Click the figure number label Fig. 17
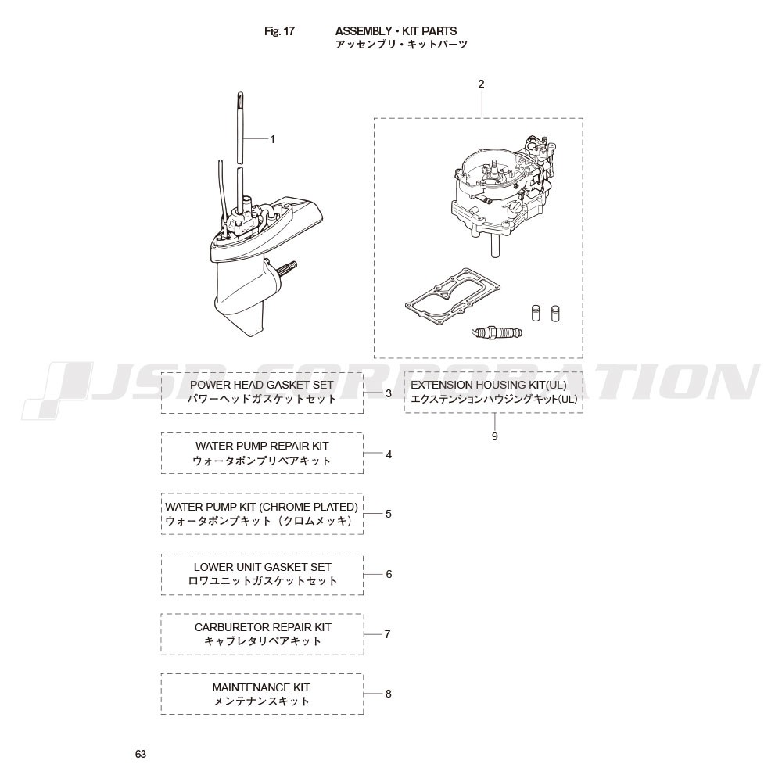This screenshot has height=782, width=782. click(x=279, y=31)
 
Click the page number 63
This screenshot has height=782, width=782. click(x=141, y=754)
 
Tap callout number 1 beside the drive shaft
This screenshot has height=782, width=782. click(x=272, y=140)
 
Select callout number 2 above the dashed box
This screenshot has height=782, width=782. click(x=481, y=84)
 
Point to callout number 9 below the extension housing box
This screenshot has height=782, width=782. click(x=495, y=436)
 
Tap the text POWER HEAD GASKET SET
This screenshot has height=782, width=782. click(x=262, y=385)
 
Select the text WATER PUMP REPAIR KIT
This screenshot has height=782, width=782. click(x=262, y=446)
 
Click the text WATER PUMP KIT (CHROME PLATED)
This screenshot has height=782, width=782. click(x=262, y=507)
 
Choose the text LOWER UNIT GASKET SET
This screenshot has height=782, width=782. click(x=262, y=567)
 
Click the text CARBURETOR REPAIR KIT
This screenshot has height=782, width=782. click(x=263, y=627)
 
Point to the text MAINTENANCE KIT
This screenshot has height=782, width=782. click(x=261, y=687)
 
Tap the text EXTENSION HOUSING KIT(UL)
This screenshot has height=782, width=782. click(x=489, y=385)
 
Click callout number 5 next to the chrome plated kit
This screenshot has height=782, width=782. click(x=389, y=515)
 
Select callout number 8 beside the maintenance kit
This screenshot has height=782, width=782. click(x=389, y=694)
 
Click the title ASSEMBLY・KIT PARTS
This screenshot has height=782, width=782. click(x=396, y=31)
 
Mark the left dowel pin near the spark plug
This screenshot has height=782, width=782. click(x=536, y=314)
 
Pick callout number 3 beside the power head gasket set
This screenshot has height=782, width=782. click(x=389, y=393)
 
